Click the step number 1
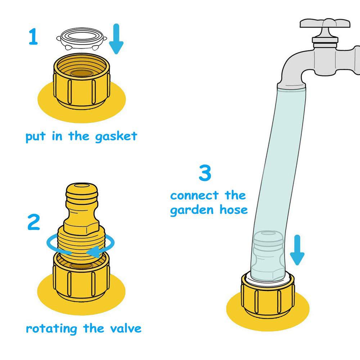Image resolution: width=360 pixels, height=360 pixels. click(x=33, y=36)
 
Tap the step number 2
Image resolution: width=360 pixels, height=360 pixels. click(x=34, y=222)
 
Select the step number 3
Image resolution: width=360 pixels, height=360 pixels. click(x=205, y=173)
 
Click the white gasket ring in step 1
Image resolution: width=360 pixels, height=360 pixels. click(x=81, y=39)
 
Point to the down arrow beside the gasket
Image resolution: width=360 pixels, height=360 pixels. click(x=116, y=39)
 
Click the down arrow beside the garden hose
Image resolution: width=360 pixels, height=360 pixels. click(x=297, y=250)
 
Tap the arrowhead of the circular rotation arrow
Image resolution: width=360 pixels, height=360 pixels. click(x=94, y=252)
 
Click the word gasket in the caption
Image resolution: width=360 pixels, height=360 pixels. click(x=116, y=136)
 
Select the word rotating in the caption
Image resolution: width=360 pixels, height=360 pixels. click(x=51, y=329)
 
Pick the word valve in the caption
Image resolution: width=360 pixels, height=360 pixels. click(x=126, y=328)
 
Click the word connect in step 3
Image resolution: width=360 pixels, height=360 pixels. click(x=194, y=195)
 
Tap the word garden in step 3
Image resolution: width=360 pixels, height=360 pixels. click(x=192, y=211)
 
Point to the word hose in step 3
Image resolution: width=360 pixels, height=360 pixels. click(x=234, y=210)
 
